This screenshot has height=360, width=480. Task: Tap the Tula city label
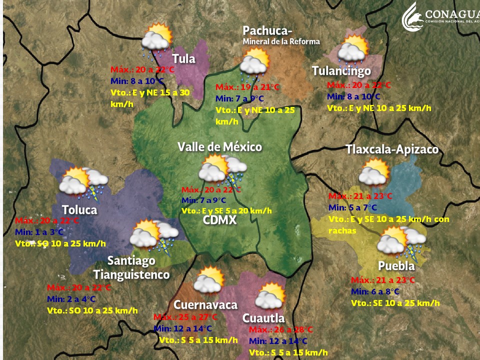coord(183,58)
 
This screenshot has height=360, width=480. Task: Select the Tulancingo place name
coord(341,71)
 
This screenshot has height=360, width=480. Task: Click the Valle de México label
coord(219,147)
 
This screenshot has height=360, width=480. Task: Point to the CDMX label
coord(219,220)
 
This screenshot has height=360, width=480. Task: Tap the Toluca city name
coord(79,209)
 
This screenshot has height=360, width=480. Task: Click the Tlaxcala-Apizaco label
coord(392,149)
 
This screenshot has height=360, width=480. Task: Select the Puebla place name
coord(396,265)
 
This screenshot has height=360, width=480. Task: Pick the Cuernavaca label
coord(205,304)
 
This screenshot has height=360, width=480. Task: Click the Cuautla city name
coord(263,318)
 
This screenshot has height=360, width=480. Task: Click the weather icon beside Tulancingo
coord(352,49)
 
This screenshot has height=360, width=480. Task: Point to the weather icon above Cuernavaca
coord(209,280)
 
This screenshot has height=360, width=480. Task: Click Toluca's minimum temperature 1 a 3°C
coord(39,232)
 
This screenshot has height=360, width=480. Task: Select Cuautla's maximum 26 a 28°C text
coord(280,330)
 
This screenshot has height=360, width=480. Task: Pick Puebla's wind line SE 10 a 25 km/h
coord(395,303)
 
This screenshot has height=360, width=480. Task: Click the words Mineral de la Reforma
coord(281,41)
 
